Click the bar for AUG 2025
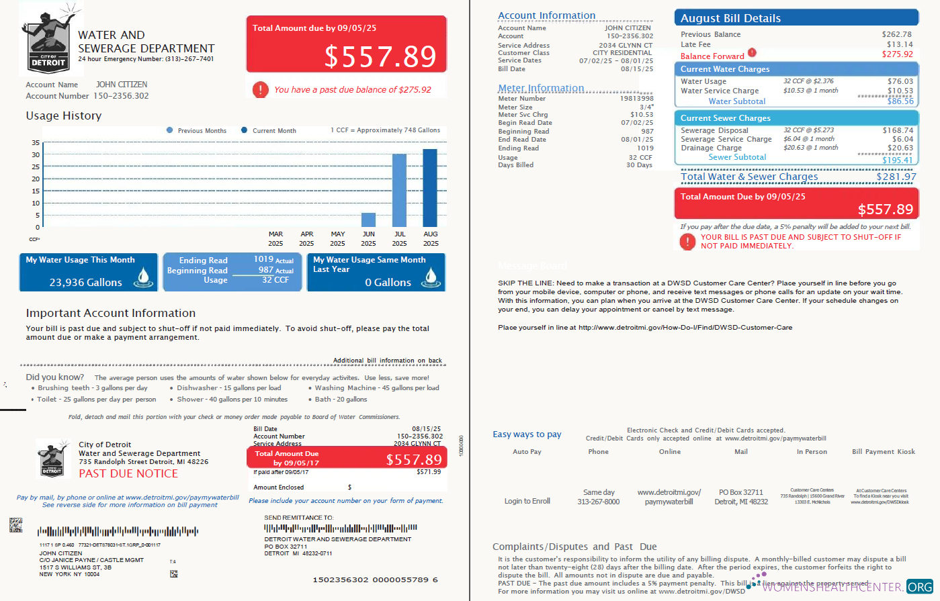pos(430,188)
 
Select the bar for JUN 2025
pos(368,220)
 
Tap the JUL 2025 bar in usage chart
pos(399,191)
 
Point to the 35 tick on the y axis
pos(36,143)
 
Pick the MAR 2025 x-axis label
pos(275,238)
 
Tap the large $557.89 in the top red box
pos(380,56)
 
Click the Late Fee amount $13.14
pos(900,44)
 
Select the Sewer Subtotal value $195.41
pos(898,160)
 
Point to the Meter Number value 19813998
pos(636,99)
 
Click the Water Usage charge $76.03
pos(900,81)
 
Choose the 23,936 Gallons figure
pos(85,283)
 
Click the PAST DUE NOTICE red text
pos(128,473)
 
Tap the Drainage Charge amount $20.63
pos(900,148)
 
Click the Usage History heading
pos(64,115)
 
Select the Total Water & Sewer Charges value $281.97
pos(896,177)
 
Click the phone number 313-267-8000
pos(598,502)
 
